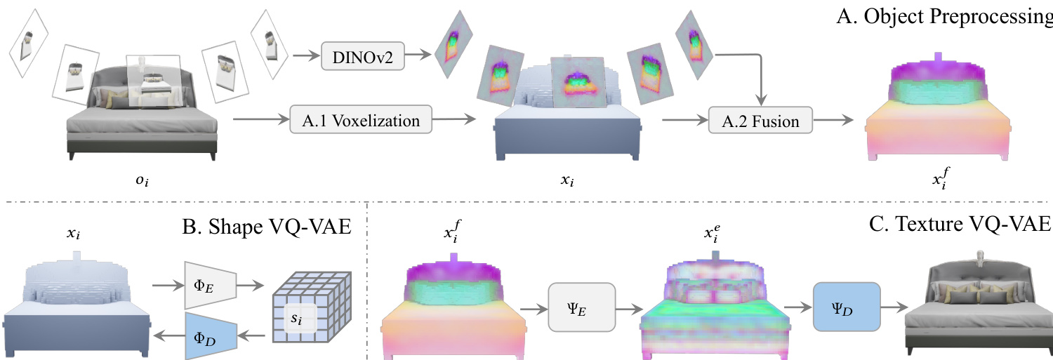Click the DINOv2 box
pyautogui.click(x=363, y=56)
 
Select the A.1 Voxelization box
pyautogui.click(x=360, y=120)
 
